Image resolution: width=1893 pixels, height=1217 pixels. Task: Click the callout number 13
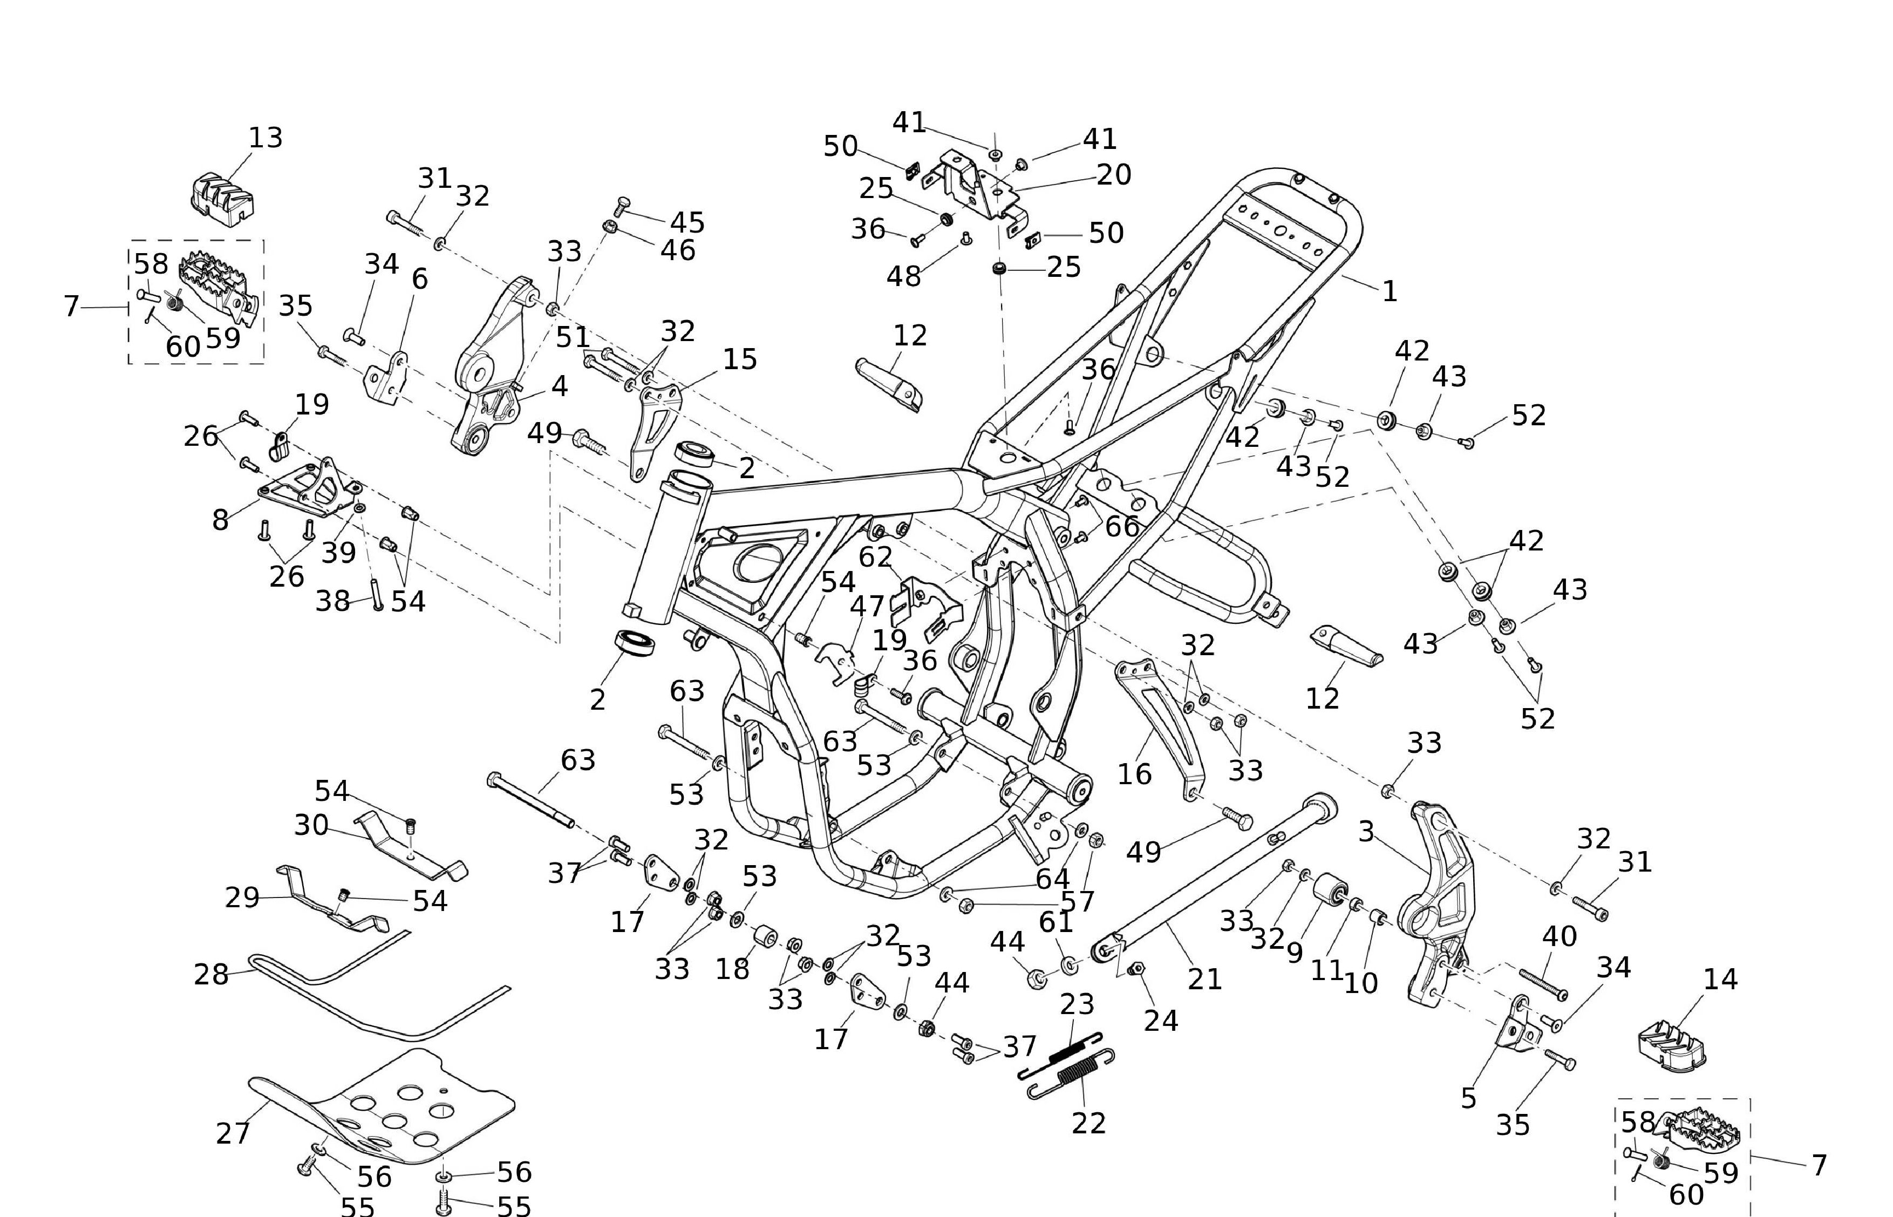[x=265, y=138]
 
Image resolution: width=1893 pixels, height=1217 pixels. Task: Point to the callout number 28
[x=211, y=974]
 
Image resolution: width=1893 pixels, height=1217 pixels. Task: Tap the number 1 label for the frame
[x=1390, y=291]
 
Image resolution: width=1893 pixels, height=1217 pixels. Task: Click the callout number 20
[x=1114, y=175]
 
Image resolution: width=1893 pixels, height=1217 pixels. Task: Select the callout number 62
[x=875, y=557]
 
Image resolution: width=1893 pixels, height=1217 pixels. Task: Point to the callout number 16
[x=1134, y=774]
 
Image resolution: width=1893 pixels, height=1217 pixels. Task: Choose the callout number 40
[x=1560, y=936]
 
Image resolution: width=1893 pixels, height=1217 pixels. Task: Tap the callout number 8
[x=220, y=520]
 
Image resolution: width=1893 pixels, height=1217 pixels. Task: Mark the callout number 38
[x=332, y=601]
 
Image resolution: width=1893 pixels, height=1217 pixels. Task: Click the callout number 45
[x=687, y=223]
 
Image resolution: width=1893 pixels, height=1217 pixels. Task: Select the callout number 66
[x=1122, y=526]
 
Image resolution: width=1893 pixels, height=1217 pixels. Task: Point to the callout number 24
[x=1161, y=1021]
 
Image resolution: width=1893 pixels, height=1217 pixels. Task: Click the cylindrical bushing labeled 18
[x=764, y=938]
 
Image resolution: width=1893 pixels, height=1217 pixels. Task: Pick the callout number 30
[x=311, y=825]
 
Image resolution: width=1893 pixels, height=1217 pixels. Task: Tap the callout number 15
[x=740, y=359]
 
